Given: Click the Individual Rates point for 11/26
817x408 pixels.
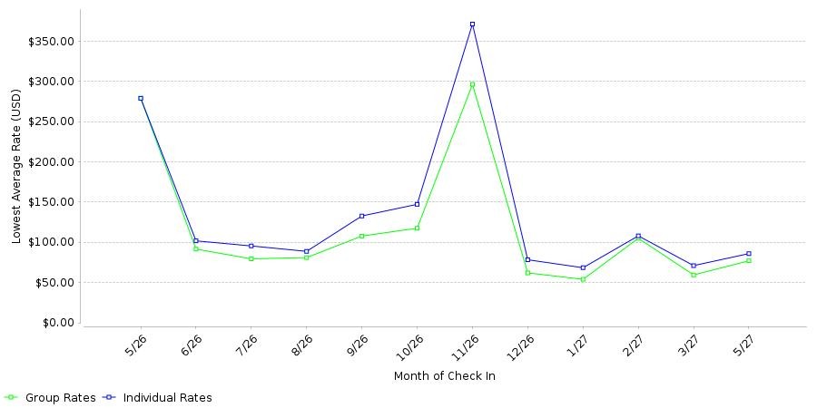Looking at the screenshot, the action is pos(472,24).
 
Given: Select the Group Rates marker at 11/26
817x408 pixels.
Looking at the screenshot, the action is pos(472,84).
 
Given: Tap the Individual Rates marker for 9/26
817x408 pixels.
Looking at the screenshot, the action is pos(361,216).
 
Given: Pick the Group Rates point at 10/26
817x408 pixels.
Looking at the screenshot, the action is pos(417,228).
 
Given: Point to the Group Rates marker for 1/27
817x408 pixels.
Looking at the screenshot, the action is pos(583,279).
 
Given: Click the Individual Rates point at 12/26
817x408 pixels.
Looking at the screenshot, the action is pos(527,259).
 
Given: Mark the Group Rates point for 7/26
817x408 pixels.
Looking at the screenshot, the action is pos(251,258).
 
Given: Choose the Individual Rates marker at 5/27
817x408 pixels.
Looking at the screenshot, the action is pos(749,254).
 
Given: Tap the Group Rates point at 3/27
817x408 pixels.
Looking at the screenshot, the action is pos(694,275).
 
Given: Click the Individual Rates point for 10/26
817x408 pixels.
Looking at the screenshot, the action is pos(417,204).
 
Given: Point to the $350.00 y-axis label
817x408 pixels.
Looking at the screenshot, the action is pos(52,41).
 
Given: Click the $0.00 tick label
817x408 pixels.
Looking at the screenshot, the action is pos(57,323).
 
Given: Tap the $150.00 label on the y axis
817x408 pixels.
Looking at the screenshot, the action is pos(52,202).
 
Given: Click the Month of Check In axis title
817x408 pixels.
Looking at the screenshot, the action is pos(445,376).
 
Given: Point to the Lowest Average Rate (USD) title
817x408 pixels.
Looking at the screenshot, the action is pos(16,167).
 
